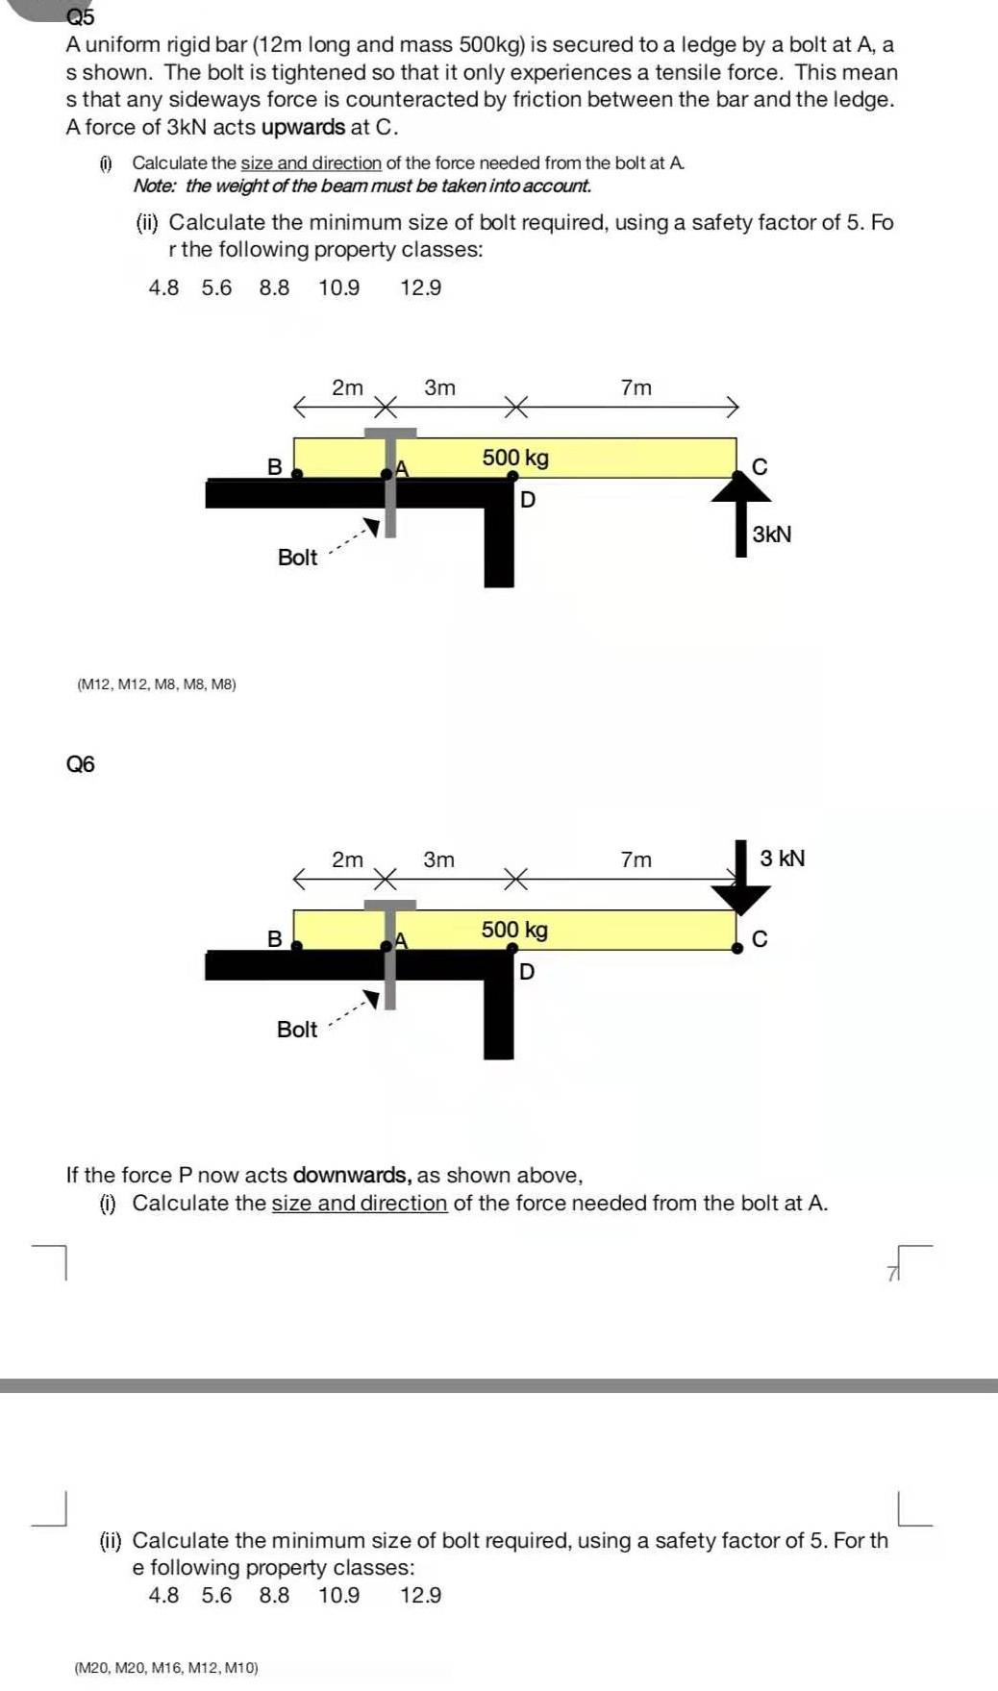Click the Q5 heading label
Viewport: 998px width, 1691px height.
tap(81, 17)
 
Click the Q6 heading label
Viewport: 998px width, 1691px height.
tap(81, 764)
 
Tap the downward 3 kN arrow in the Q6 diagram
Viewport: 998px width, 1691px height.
tap(741, 877)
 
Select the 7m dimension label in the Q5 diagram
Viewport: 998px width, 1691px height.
tap(636, 387)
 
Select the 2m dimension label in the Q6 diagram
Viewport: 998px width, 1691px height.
tap(347, 859)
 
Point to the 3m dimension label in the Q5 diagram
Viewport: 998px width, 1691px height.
tap(439, 387)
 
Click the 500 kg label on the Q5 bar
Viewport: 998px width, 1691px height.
tap(515, 458)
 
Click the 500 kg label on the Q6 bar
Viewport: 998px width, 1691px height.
tap(514, 930)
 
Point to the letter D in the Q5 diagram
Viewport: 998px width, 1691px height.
tap(527, 500)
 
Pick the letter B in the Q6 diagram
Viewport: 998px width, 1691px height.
tap(274, 939)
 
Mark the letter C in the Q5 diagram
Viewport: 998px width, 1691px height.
tap(760, 467)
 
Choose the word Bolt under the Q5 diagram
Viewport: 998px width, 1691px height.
tap(297, 558)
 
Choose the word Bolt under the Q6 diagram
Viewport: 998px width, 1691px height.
tap(296, 1030)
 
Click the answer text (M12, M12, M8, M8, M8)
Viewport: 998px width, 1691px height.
tap(156, 684)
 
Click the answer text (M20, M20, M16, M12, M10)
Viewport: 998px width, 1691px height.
tap(166, 1668)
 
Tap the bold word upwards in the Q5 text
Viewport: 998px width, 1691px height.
tap(303, 127)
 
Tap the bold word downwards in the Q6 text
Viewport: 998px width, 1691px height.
tap(352, 1175)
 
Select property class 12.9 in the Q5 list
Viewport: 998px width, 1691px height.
tap(420, 287)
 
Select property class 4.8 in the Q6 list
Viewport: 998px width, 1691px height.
tap(163, 1596)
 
